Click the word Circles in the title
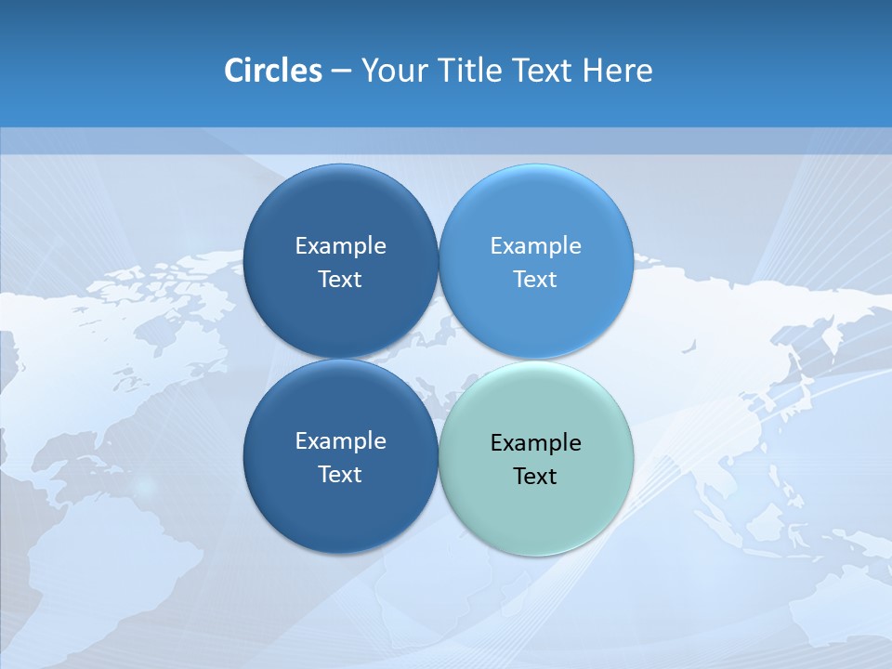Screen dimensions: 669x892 click(272, 71)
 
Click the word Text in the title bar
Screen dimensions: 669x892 click(544, 71)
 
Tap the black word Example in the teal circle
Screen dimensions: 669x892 click(535, 443)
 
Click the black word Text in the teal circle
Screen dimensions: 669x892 click(535, 477)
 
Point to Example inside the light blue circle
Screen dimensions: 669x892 click(535, 246)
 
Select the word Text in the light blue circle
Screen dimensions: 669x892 click(535, 280)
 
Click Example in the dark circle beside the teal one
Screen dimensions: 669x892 click(340, 441)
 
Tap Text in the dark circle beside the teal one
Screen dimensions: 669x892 click(340, 475)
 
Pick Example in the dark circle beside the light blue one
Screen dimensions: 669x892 click(340, 246)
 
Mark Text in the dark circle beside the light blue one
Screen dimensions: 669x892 click(340, 280)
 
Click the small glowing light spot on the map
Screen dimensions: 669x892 click(144, 486)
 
